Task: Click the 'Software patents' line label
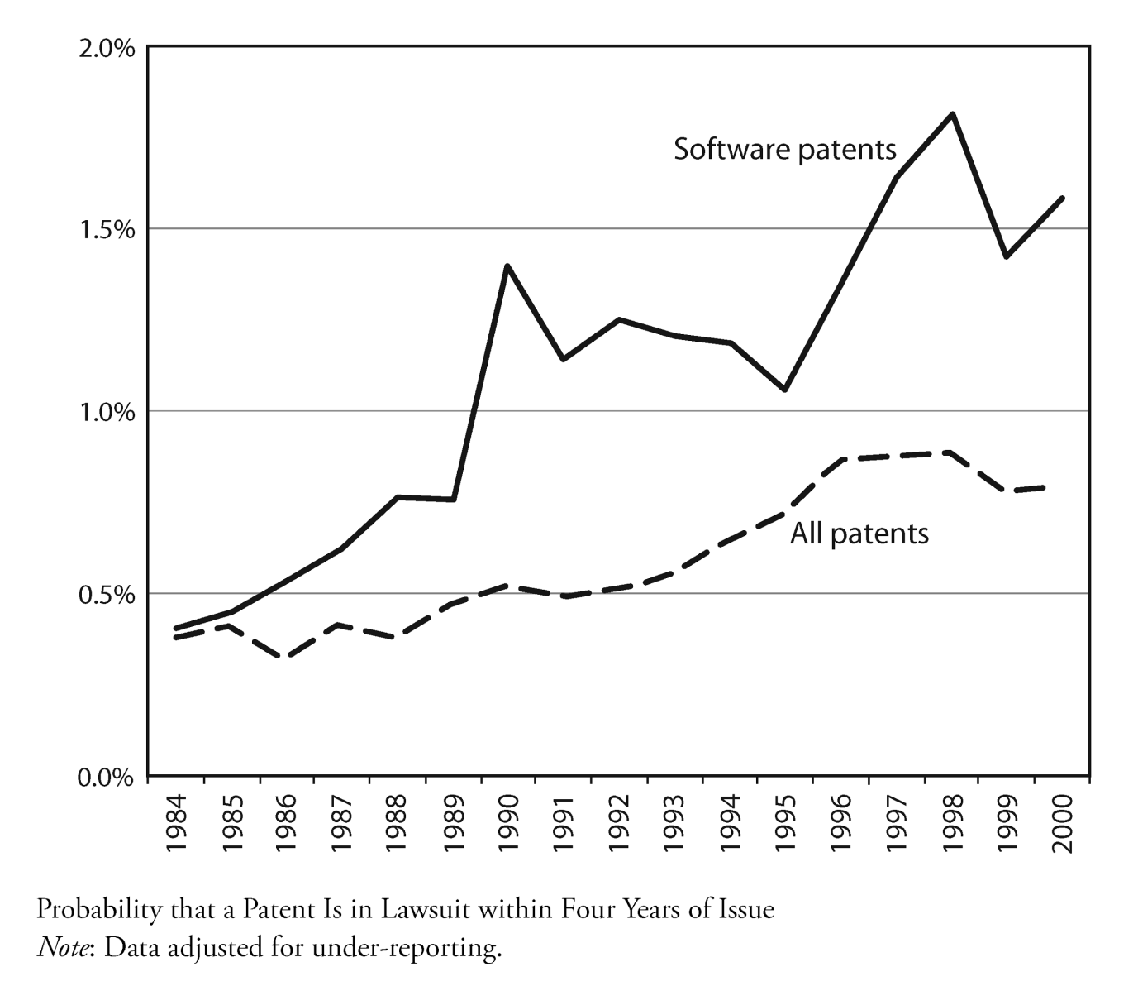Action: point(784,150)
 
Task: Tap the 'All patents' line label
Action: point(859,534)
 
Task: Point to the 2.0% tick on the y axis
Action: point(105,48)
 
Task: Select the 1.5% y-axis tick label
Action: point(105,230)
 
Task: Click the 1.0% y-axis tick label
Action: point(105,412)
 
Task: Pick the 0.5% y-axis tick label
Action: point(105,595)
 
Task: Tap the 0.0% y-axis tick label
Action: point(105,777)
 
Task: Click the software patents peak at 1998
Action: point(952,114)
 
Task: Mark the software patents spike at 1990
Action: point(507,266)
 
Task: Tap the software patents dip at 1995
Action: point(784,390)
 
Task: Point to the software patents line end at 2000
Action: point(1062,199)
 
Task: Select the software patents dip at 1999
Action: point(1007,256)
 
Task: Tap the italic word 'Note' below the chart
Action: point(62,947)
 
